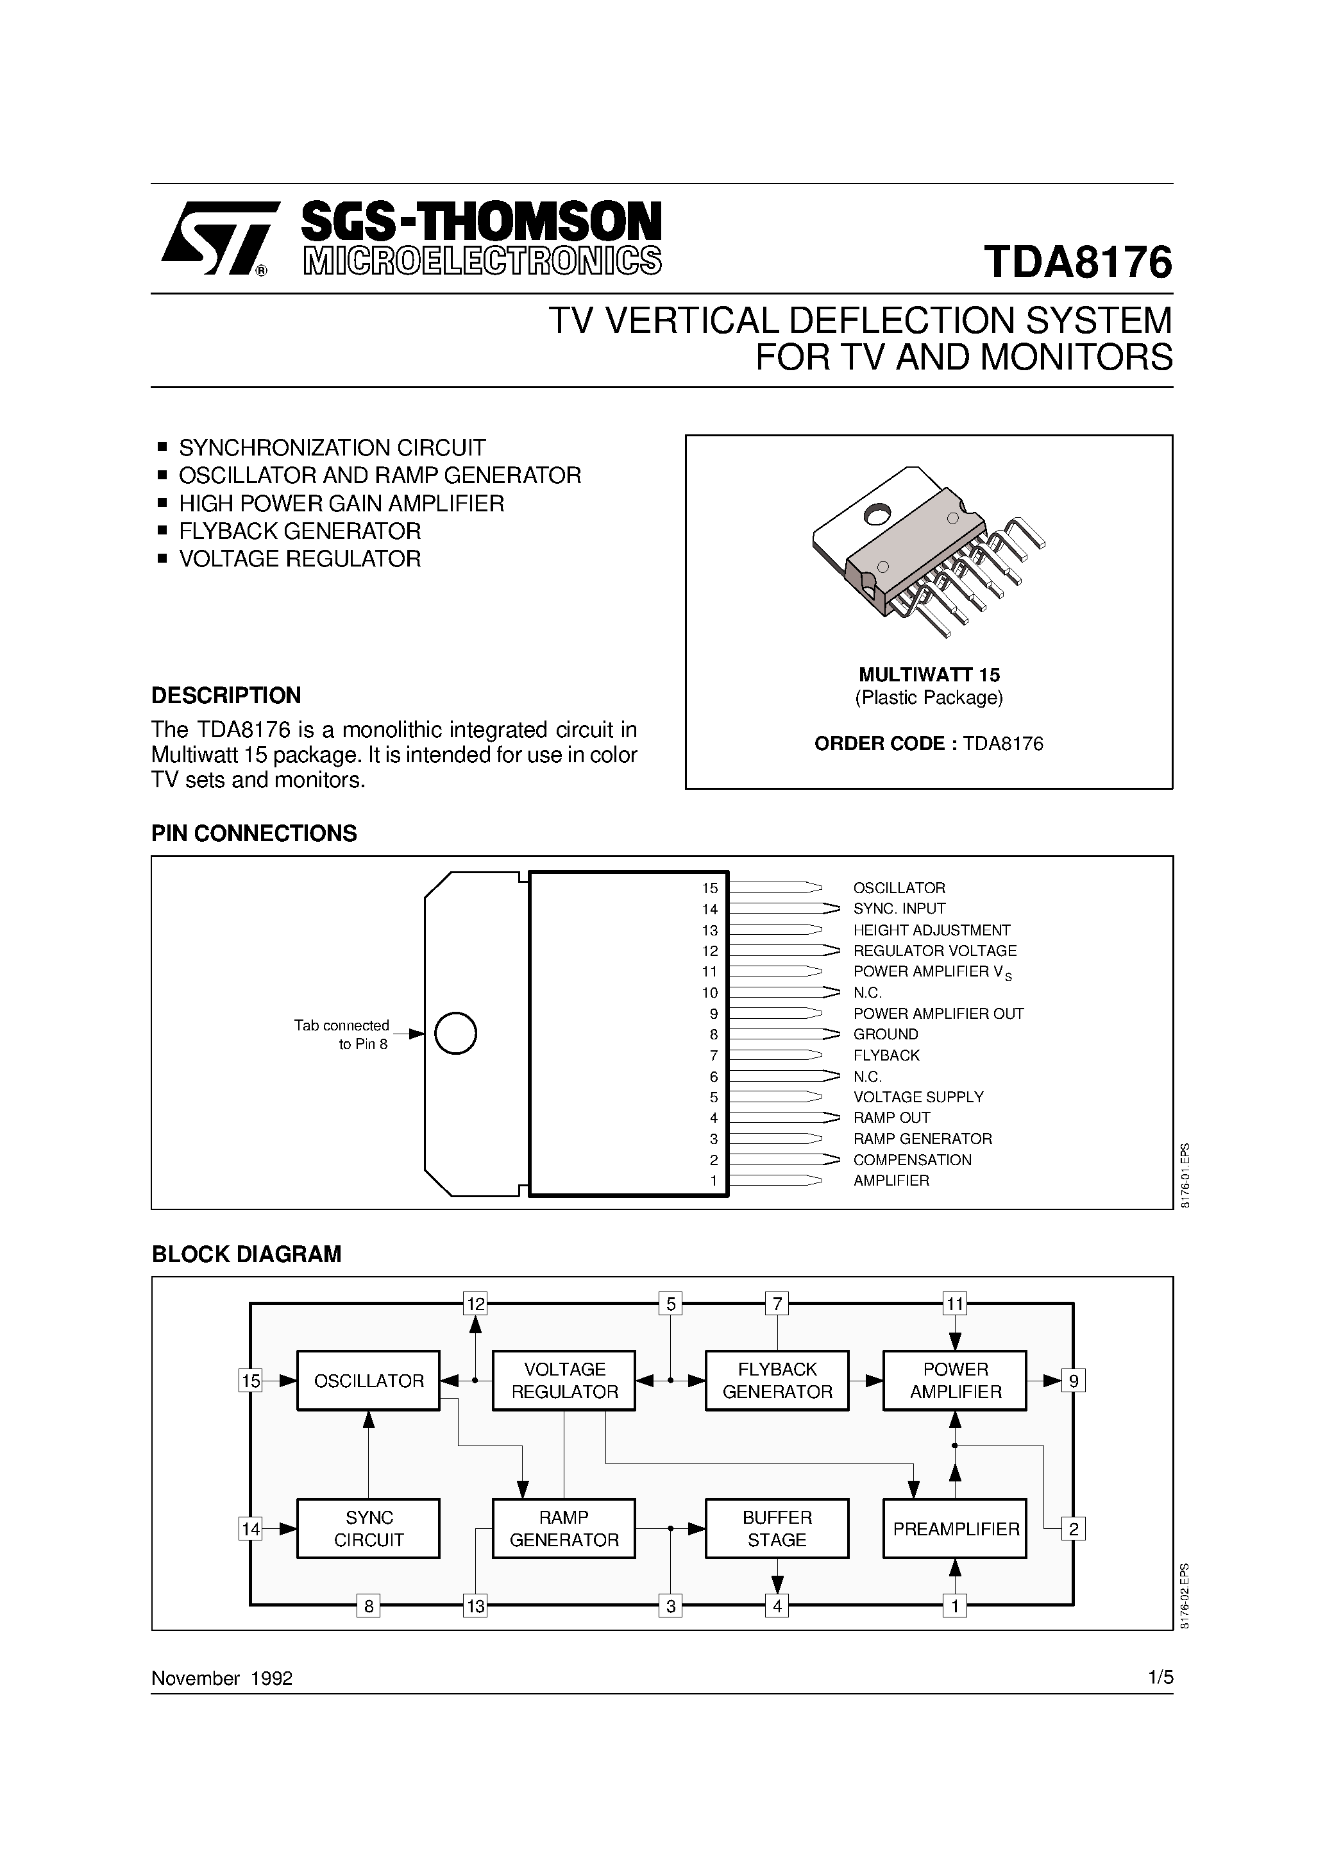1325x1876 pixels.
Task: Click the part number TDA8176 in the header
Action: pyautogui.click(x=1078, y=262)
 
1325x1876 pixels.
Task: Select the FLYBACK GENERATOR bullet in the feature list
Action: pyautogui.click(x=299, y=531)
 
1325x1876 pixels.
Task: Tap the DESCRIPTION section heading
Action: pyautogui.click(x=226, y=695)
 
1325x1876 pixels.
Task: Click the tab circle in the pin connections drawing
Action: pyautogui.click(x=455, y=1034)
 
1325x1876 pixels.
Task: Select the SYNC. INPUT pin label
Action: pyautogui.click(x=899, y=908)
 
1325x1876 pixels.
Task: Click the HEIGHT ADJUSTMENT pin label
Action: pyautogui.click(x=931, y=930)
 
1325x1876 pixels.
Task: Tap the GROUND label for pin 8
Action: pyautogui.click(x=886, y=1034)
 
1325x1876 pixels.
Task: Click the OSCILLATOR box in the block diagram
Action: pyautogui.click(x=368, y=1381)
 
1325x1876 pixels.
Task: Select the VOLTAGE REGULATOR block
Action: pyautogui.click(x=564, y=1381)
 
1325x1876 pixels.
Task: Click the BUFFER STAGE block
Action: pyautogui.click(x=777, y=1529)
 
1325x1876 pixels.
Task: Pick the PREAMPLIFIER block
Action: pyautogui.click(x=955, y=1529)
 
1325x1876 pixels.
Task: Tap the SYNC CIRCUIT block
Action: pyautogui.click(x=368, y=1529)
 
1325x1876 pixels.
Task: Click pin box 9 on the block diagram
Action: pyautogui.click(x=1074, y=1381)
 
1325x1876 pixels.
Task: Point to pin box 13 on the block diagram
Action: pyautogui.click(x=475, y=1607)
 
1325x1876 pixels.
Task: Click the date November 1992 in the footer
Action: pyautogui.click(x=222, y=1678)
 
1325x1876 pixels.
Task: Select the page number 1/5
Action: pyautogui.click(x=1160, y=1678)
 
